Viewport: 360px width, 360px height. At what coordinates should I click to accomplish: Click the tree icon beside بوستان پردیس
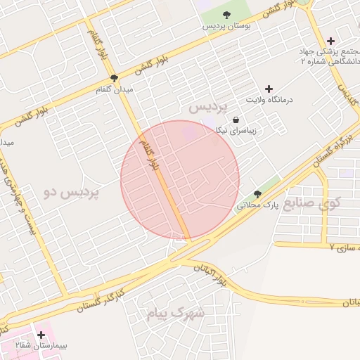coord(226,15)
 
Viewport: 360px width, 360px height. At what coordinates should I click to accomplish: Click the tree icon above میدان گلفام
coord(114,79)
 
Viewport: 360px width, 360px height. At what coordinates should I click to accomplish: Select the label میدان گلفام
coord(114,90)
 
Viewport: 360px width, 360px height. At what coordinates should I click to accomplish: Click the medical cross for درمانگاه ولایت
coord(269,89)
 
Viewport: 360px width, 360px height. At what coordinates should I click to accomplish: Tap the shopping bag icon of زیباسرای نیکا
coord(235,120)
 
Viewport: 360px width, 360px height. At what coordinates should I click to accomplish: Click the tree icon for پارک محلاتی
coord(257,194)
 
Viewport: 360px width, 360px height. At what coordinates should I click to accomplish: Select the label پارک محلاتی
coord(257,206)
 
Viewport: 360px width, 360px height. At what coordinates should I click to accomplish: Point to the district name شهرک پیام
coord(175,313)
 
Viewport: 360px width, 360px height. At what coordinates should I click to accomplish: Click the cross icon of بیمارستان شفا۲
coord(41,335)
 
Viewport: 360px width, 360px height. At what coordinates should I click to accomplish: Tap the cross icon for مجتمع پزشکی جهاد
coord(330,41)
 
